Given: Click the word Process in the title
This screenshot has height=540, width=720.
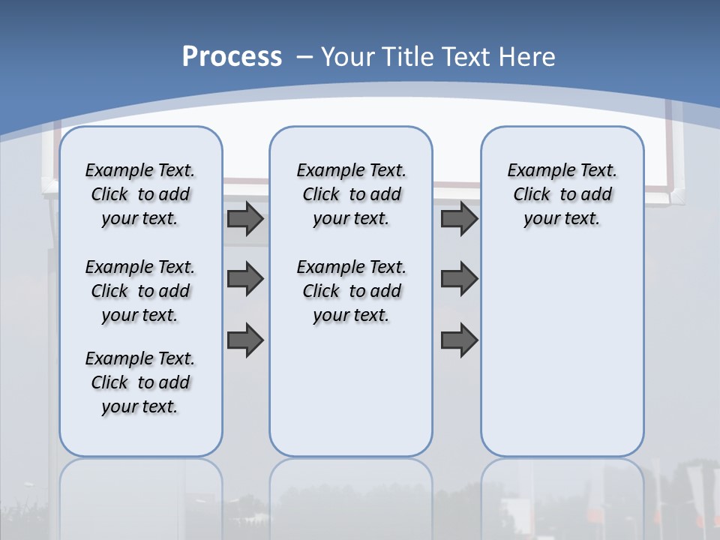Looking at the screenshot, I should point(232,57).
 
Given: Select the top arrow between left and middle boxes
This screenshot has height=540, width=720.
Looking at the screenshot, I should point(245,218).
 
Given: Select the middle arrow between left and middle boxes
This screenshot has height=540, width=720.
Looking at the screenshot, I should point(245,279).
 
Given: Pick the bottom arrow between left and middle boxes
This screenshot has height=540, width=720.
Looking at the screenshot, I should point(245,340).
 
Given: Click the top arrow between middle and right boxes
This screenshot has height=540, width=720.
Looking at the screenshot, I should point(459,218).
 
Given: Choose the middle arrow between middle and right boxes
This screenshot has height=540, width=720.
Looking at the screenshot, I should point(459,279).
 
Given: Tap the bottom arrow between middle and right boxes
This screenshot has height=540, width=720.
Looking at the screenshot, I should point(459,340).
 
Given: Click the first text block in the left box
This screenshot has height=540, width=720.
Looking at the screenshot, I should point(140,194).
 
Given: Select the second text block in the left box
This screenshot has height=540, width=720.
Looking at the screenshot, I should point(140,291).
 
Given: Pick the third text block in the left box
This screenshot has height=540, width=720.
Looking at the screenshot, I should point(140,382).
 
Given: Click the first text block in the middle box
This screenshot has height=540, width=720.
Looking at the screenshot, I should point(351,194).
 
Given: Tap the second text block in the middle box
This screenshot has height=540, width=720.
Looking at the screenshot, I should point(351,291).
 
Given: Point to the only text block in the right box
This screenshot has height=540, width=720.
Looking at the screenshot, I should point(562,194).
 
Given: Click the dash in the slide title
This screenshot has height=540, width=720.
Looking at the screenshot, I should point(304,57).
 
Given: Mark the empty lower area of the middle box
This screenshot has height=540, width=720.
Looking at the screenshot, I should point(351,390).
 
